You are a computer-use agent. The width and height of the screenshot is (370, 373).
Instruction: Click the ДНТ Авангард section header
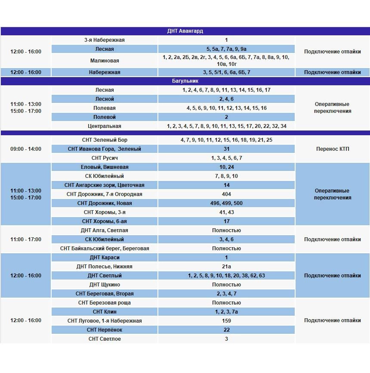pyautogui.click(x=185, y=31)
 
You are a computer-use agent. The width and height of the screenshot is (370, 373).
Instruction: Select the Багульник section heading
pyautogui.click(x=185, y=81)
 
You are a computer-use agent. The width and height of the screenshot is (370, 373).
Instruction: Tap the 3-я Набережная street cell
pyautogui.click(x=105, y=40)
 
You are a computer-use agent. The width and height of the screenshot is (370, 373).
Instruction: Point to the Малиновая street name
pyautogui.click(x=105, y=61)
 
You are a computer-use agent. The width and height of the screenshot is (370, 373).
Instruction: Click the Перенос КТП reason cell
pyautogui.click(x=332, y=149)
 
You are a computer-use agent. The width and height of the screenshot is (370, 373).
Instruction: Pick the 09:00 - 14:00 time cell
pyautogui.click(x=26, y=149)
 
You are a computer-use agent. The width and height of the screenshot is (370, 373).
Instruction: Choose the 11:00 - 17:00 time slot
pyautogui.click(x=26, y=239)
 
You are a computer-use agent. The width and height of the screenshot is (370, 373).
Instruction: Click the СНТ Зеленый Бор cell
pyautogui.click(x=105, y=140)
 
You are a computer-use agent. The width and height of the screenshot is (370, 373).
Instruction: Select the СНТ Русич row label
pyautogui.click(x=105, y=158)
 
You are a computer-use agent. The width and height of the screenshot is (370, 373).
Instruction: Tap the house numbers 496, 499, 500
pyautogui.click(x=226, y=203)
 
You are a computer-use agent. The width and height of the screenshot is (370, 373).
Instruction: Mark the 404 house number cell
pyautogui.click(x=226, y=194)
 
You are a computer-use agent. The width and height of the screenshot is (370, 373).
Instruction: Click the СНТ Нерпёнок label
pyautogui.click(x=105, y=330)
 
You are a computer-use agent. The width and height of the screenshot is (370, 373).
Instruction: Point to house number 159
pyautogui.click(x=226, y=321)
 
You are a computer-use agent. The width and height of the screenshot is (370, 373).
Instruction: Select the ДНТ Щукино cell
pyautogui.click(x=105, y=285)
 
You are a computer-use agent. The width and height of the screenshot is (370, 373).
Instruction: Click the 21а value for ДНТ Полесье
pyautogui.click(x=226, y=267)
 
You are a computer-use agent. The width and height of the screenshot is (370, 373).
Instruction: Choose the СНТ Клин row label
pyautogui.click(x=105, y=312)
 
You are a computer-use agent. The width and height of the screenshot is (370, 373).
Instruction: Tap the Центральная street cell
pyautogui.click(x=105, y=126)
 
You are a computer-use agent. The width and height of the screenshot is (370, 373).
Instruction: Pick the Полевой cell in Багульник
pyautogui.click(x=105, y=117)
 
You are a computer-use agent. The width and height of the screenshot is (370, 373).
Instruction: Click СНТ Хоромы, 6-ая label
pyautogui.click(x=105, y=221)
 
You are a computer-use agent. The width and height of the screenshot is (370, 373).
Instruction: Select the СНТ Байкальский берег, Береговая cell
pyautogui.click(x=105, y=249)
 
